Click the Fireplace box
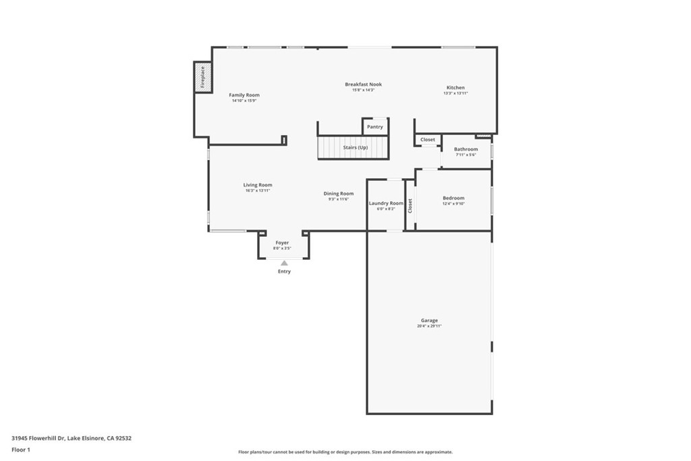coord(201,76)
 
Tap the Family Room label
coord(244,95)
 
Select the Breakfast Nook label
coord(363,84)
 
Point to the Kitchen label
coord(455,88)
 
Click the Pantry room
coord(375,127)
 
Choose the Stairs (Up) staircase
coord(354,147)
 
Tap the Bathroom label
coord(466,149)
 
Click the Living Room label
coord(258,185)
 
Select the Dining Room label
coord(338,194)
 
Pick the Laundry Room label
coord(386,203)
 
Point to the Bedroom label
coord(453,198)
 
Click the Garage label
coord(429,321)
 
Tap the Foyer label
coord(282,242)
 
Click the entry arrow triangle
coord(284,263)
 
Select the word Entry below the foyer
coord(284,271)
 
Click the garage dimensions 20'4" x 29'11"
coord(429,327)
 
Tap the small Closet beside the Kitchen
coord(428,140)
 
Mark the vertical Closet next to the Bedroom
coord(410,206)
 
